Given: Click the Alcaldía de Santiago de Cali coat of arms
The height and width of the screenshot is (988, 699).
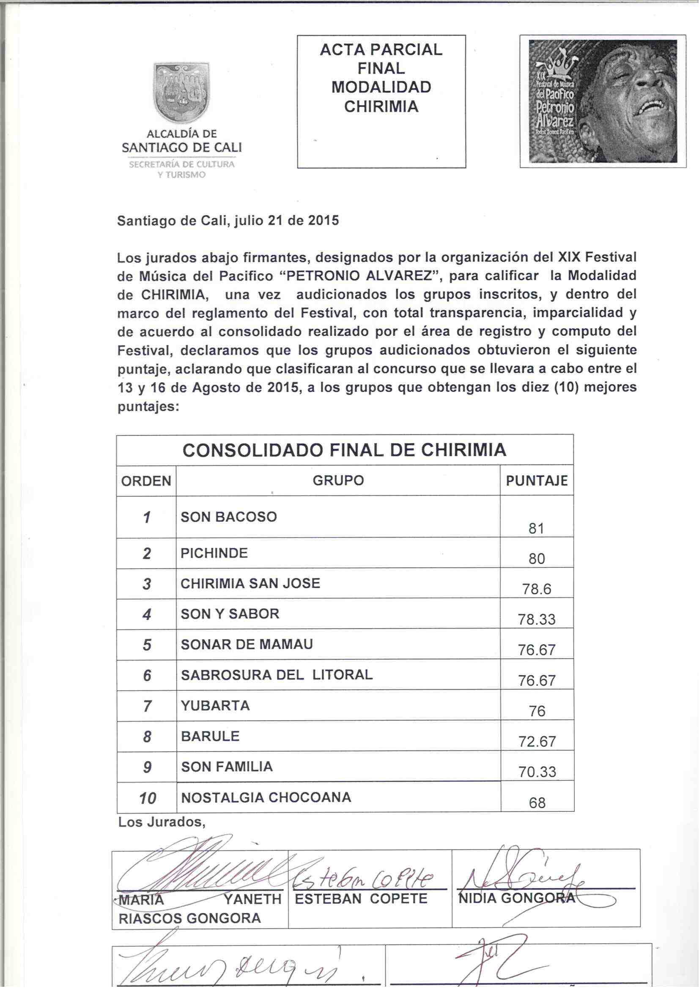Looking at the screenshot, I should pos(182,93).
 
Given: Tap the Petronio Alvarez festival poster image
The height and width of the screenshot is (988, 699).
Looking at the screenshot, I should pos(603,101).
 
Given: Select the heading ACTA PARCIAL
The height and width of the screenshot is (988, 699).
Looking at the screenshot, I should pos(381,50).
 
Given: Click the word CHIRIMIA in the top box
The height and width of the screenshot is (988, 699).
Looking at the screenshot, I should pos(381,107).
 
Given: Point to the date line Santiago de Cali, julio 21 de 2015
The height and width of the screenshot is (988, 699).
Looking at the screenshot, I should pos(228,221).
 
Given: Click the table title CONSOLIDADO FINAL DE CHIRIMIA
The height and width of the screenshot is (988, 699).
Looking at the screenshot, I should pos(344,450).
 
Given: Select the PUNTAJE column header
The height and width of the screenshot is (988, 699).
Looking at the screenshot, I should pos(536,480).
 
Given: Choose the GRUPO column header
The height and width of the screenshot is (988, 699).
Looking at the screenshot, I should pos(338,480).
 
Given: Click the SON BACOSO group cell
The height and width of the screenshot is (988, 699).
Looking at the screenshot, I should pos(229,516).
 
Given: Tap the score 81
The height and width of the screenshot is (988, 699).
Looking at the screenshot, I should pos(536,528).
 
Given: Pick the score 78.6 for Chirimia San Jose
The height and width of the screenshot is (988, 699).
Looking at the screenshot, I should pos(537,589).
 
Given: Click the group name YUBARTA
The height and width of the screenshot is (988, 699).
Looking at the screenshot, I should pos(215,706).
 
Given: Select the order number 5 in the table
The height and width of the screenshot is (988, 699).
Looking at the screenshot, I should pos(147,645).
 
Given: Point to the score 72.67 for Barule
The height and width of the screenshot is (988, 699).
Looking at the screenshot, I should pos(537,742).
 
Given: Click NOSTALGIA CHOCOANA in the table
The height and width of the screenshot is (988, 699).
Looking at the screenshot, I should pos(266,797).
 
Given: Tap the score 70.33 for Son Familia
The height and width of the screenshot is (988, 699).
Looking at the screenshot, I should pos(537,772).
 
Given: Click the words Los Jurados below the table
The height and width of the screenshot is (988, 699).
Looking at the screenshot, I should pos(162,822).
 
